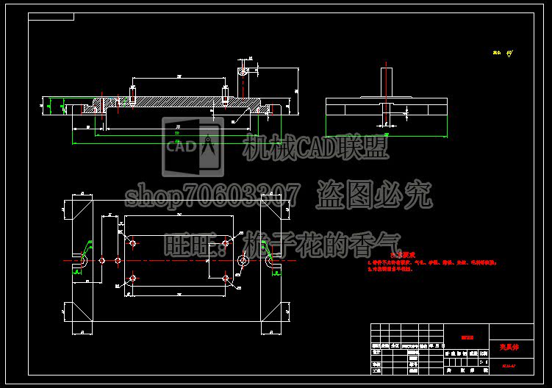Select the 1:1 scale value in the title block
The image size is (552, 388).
(482, 362)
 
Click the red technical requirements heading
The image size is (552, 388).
(403, 254)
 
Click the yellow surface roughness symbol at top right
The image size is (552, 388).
(503, 52)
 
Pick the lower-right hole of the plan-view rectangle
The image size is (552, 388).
(226, 278)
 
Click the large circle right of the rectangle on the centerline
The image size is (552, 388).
(243, 260)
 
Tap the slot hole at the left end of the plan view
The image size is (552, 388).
(82, 260)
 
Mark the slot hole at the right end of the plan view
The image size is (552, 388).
(271, 260)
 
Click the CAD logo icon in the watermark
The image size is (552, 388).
(193, 146)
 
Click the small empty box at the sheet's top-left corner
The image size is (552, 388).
(51, 16)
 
